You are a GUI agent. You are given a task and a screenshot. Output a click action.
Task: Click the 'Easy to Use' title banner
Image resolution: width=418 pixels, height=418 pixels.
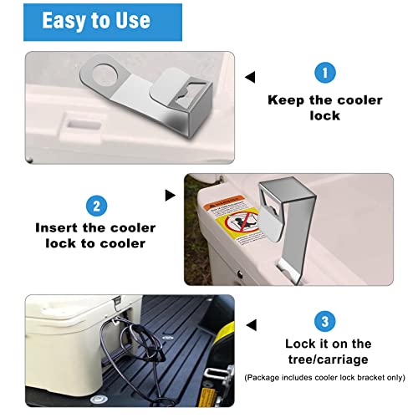tap(96, 20)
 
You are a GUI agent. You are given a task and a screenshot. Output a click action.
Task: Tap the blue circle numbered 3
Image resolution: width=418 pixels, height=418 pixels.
tap(325, 319)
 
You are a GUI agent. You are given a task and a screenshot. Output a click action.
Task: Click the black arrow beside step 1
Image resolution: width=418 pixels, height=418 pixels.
tap(249, 78)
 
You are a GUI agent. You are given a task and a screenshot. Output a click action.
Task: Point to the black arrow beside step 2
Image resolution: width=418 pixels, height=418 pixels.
tap(171, 195)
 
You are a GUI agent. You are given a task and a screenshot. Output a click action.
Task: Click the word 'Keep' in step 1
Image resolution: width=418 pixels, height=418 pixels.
tap(284, 99)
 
